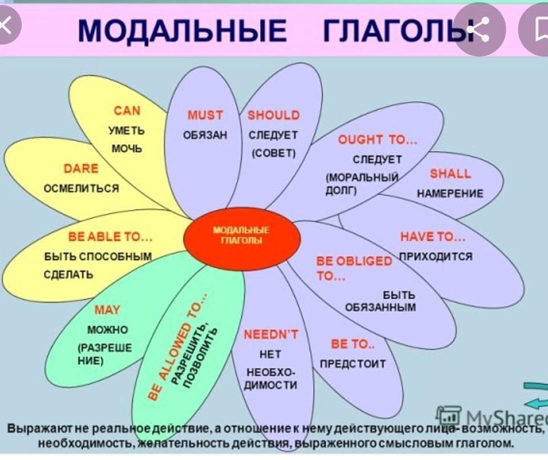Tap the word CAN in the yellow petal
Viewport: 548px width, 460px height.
pos(127,111)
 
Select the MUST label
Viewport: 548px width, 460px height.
pos(205,115)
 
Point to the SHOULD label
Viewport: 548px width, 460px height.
pos(274,115)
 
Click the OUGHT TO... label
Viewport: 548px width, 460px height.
pos(377,140)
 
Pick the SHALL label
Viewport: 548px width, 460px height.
pos(450,174)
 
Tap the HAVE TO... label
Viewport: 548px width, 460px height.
pos(433,237)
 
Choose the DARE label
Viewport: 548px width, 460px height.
pos(81,168)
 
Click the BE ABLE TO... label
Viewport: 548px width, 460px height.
pos(110,237)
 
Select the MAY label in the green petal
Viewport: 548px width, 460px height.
pos(107,310)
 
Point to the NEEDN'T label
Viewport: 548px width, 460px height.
pos(271,335)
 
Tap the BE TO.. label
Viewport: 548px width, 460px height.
pos(352,344)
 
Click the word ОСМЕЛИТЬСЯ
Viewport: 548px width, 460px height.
pos(82,188)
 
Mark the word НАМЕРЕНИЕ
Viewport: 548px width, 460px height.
pos(450,193)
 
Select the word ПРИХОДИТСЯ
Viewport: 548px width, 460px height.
pos(436,256)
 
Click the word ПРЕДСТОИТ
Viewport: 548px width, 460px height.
pos(353,364)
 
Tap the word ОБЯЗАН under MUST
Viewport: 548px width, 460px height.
pos(205,135)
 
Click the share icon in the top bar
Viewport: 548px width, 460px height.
pos(480,29)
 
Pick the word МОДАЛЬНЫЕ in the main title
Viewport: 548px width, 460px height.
pos(182,30)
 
